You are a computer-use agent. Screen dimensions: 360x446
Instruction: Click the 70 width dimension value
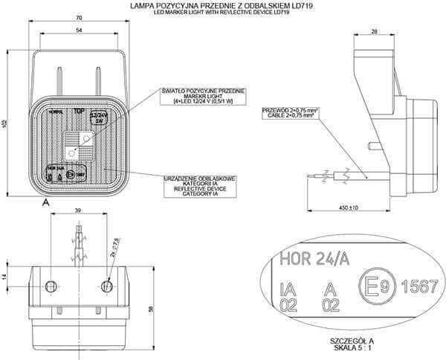78,17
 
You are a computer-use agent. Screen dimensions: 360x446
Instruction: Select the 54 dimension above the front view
78,31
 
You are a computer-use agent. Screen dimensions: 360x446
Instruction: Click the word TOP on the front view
79,111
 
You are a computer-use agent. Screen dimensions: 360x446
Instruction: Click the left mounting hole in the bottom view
52,286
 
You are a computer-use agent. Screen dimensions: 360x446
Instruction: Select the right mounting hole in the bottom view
108,286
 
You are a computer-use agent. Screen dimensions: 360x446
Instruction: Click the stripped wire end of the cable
317,177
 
